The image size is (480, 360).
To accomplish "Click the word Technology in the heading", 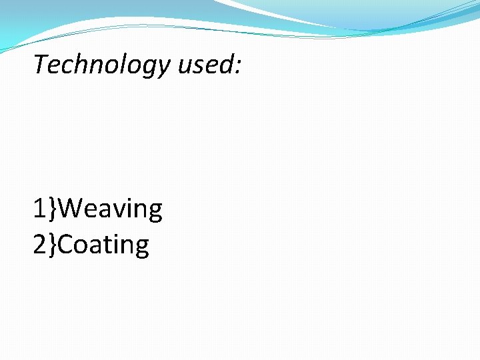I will (x=101, y=65).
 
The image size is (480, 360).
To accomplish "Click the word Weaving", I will (x=114, y=209).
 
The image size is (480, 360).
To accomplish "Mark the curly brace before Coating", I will (x=53, y=245).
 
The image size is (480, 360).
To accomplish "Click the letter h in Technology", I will (x=79, y=64).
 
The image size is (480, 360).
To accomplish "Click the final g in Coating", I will (x=141, y=249).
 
